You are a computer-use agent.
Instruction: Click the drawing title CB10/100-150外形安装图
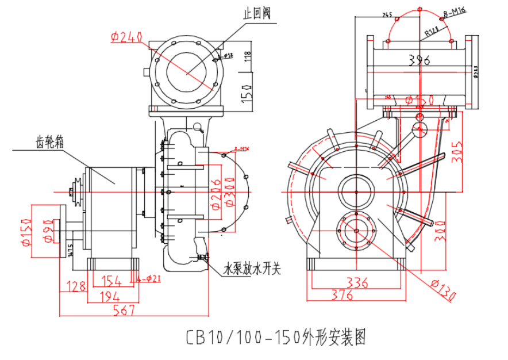275,336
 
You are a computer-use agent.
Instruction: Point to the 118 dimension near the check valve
248,56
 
